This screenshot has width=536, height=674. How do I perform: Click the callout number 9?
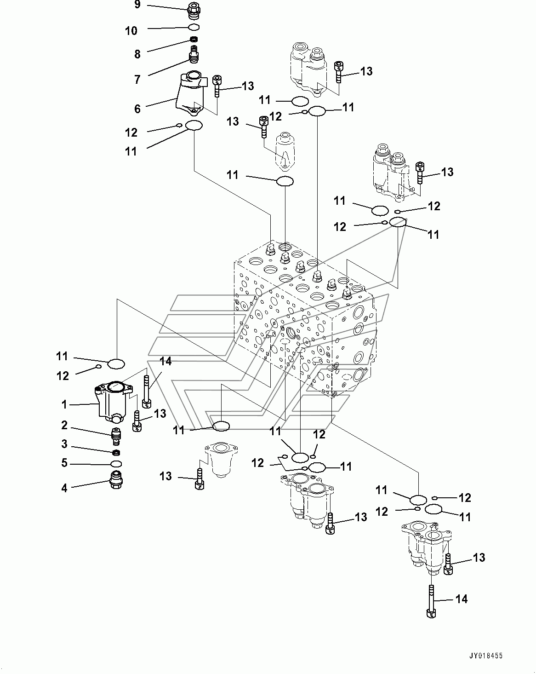pos(137,5)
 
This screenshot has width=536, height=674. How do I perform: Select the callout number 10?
pos(131,31)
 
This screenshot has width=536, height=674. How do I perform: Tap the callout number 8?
pos(137,54)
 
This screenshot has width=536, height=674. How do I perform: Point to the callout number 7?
pos(137,80)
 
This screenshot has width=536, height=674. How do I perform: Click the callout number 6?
pos(137,109)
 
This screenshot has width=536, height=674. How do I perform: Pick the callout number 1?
pos(64,405)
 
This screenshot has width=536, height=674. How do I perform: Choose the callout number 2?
pos(64,425)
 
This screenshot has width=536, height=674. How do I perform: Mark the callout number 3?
pos(64,444)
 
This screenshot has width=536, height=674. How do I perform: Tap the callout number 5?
pos(64,462)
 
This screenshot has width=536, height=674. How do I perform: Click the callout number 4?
pos(64,488)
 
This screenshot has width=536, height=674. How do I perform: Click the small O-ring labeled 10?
pos(194,28)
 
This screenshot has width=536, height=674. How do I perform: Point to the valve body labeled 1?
pos(113,402)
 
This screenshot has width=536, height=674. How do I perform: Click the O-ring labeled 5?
pos(116,464)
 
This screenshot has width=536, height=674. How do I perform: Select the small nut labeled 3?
pos(117,452)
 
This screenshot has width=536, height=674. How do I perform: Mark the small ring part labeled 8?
pos(194,40)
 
